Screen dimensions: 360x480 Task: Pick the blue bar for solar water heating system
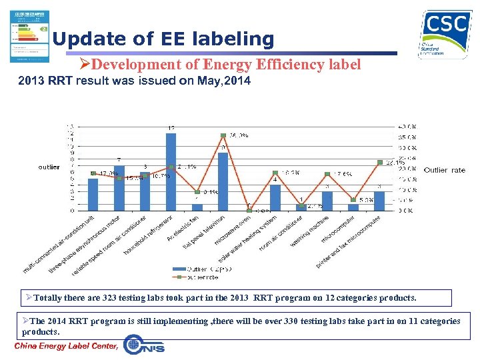click(275, 197)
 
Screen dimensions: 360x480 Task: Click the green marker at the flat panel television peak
click(223, 136)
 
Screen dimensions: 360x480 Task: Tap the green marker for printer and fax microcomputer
click(379, 162)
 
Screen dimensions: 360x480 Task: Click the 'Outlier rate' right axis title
click(445, 170)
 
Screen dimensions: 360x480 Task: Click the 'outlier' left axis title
click(49, 167)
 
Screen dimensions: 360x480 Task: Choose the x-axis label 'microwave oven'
click(233, 230)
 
